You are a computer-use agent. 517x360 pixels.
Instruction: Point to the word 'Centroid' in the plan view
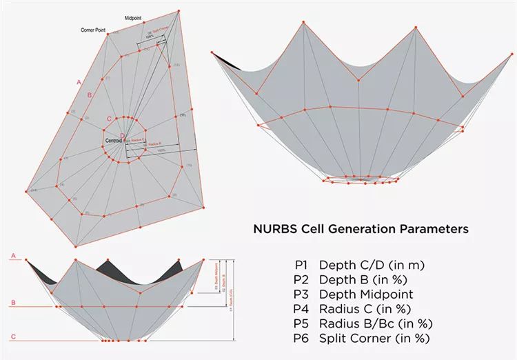pyautogui.click(x=112, y=141)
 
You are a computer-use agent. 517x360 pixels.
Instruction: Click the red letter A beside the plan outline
pyautogui.click(x=79, y=82)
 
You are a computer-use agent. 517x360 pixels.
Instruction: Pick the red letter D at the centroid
pyautogui.click(x=122, y=135)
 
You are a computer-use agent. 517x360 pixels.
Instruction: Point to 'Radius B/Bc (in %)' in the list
pyautogui.click(x=365, y=323)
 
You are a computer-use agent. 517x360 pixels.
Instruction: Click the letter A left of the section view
pyautogui.click(x=12, y=256)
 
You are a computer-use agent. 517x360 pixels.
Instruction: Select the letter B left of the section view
pyautogui.click(x=12, y=303)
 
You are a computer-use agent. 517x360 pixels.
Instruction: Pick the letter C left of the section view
pyautogui.click(x=12, y=337)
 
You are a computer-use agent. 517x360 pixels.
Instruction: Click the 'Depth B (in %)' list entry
pyautogui.click(x=352, y=279)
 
